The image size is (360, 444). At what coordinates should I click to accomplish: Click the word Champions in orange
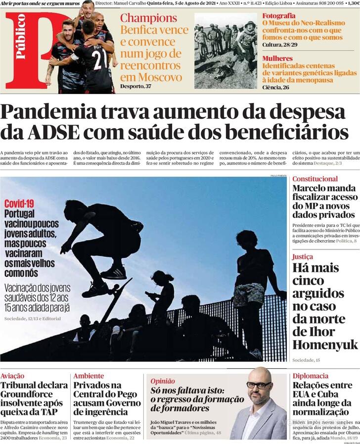148,19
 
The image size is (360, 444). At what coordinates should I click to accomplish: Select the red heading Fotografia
279,16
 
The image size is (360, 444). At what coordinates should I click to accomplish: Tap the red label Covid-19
19,203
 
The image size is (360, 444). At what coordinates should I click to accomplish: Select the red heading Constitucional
315,179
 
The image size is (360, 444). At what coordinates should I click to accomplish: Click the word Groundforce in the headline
29,395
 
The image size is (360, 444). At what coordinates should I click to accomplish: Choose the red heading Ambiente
89,376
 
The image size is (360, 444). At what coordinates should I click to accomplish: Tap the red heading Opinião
163,381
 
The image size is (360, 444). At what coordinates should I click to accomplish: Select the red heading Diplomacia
310,376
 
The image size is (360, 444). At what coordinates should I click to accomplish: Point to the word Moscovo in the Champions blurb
151,77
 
